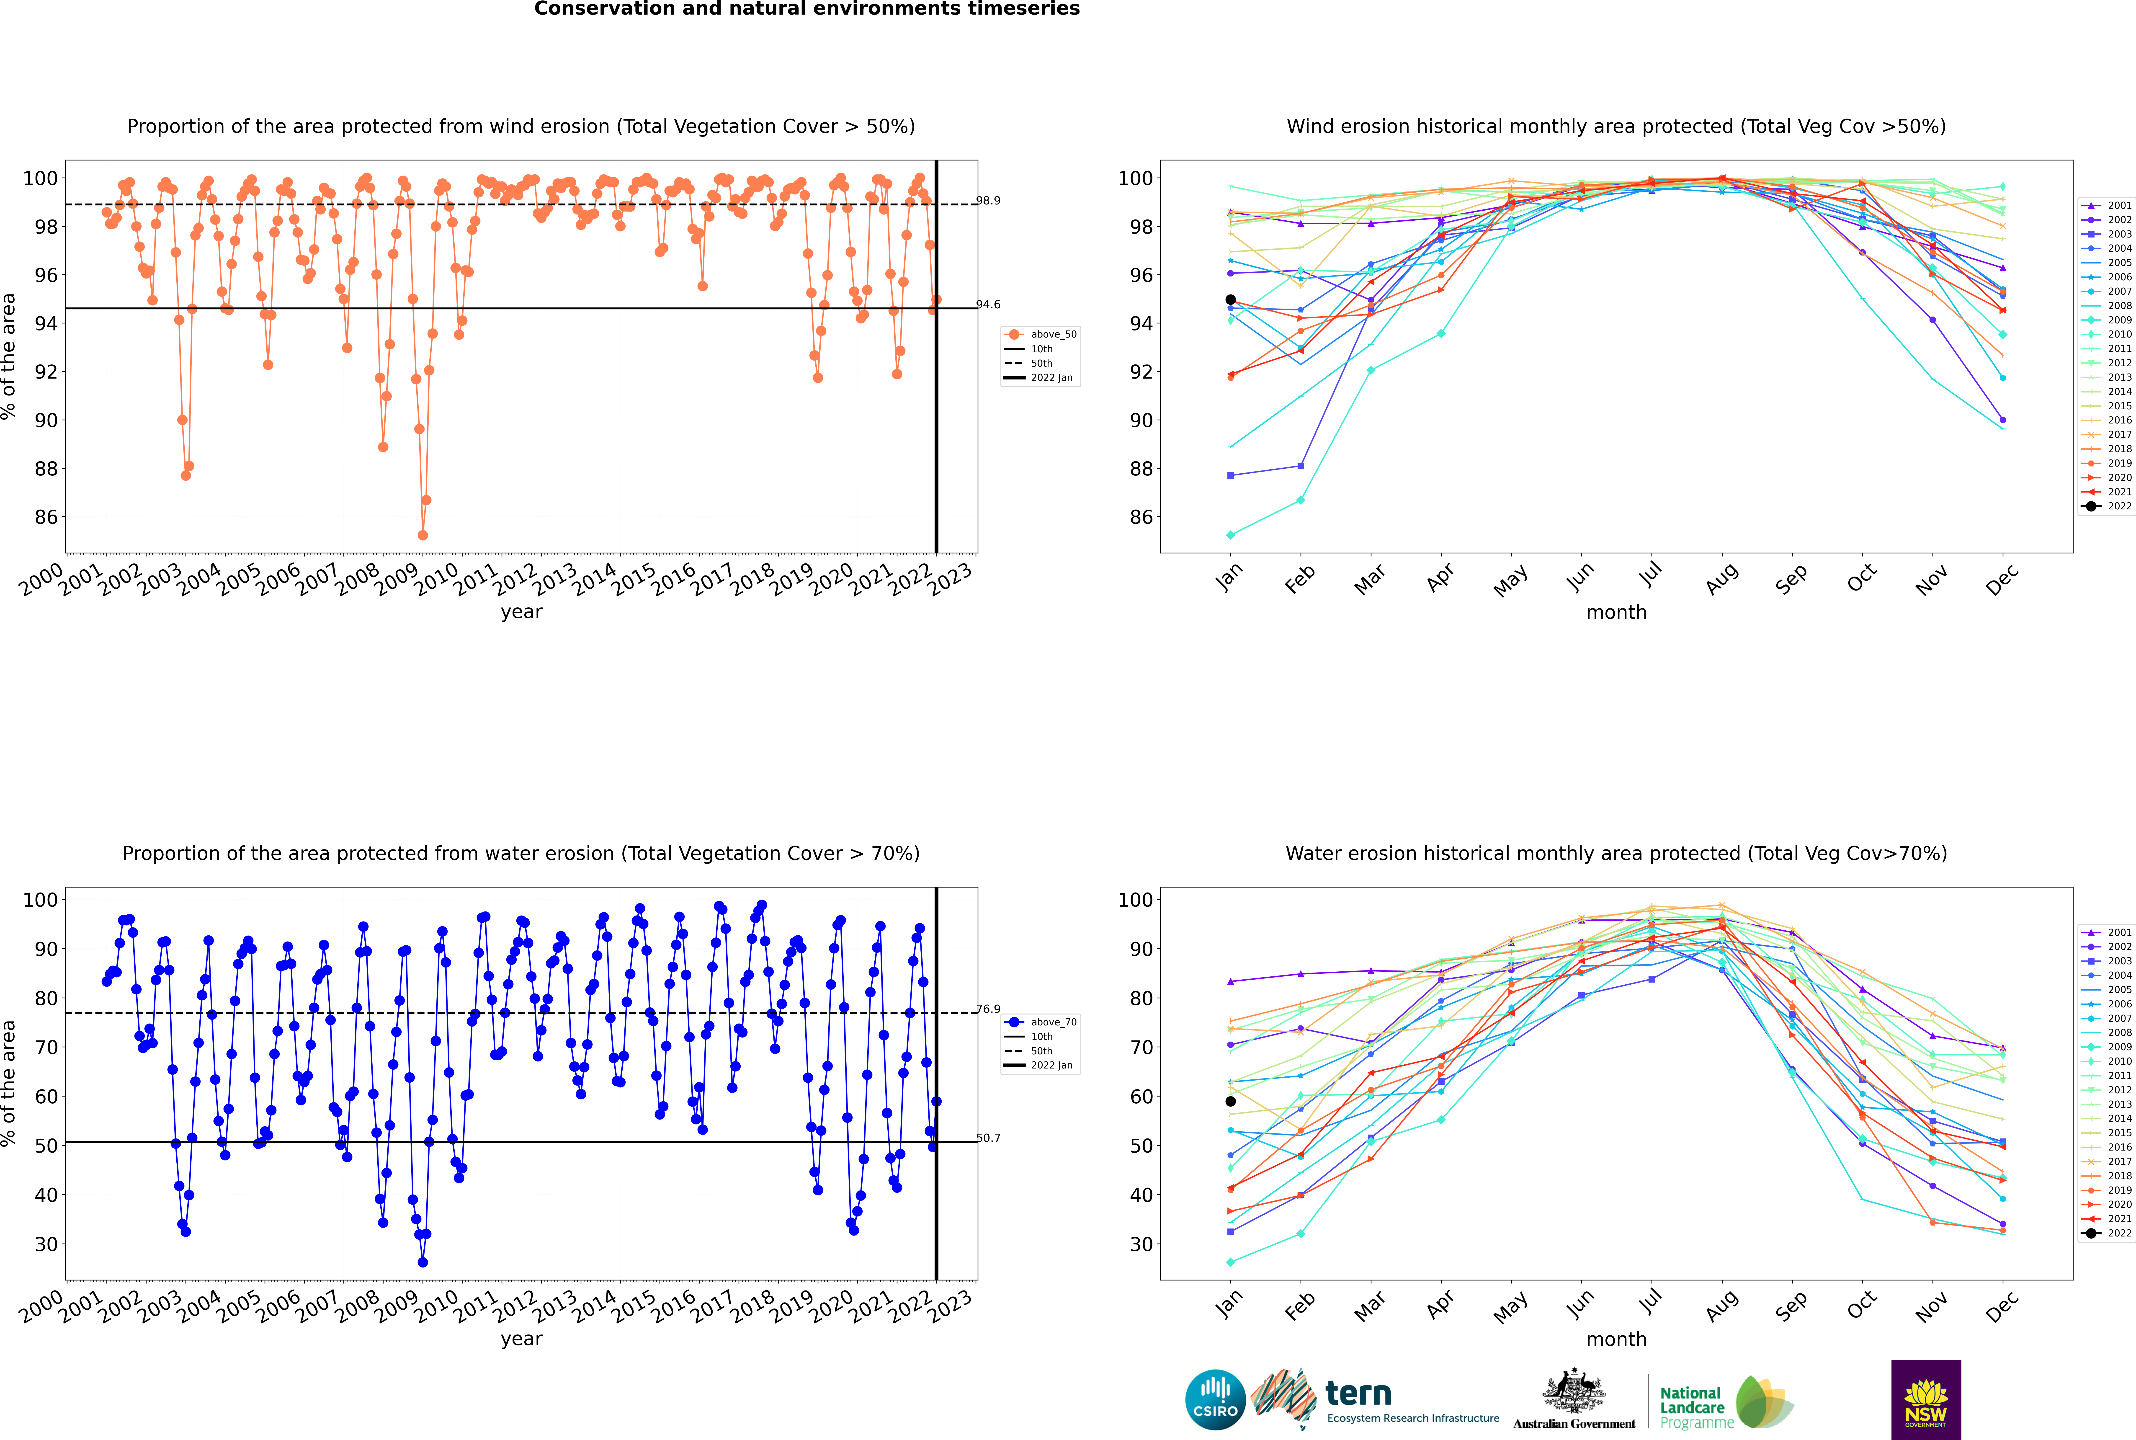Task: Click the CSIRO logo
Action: pyautogui.click(x=1215, y=1400)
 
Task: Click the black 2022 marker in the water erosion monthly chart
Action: pyautogui.click(x=1231, y=1101)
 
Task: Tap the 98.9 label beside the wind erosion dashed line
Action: pyautogui.click(x=988, y=200)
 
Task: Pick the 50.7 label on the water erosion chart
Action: pyautogui.click(x=988, y=1138)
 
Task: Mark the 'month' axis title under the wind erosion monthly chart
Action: pyautogui.click(x=1616, y=613)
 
